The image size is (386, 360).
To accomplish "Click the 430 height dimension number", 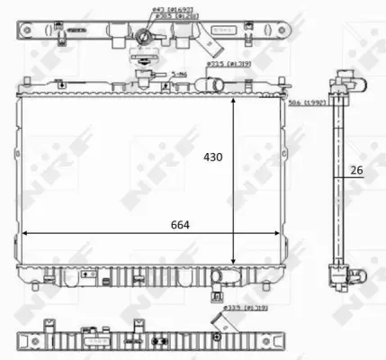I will coord(211,157).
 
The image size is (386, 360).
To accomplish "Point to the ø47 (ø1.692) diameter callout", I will coord(151,9).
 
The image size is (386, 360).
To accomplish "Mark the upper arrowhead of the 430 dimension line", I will coord(236,96).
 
